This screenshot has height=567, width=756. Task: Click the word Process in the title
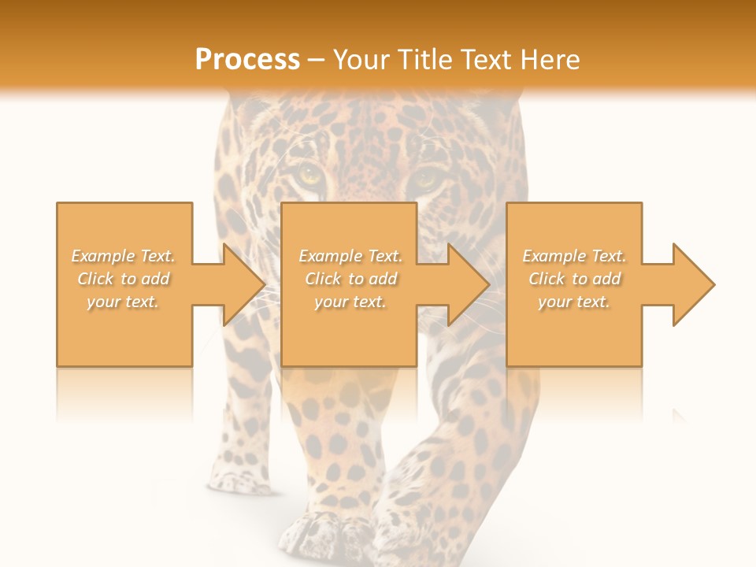pos(247,60)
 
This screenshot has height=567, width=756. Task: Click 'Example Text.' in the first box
pos(124,256)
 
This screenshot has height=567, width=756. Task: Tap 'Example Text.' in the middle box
pos(350,256)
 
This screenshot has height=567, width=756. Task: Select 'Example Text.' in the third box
pos(574,256)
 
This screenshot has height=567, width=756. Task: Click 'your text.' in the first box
pos(124,302)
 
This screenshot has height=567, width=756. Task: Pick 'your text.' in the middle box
pos(350,302)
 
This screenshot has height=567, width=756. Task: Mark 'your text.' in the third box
pos(574,302)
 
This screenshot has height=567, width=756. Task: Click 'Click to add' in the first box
pos(124,279)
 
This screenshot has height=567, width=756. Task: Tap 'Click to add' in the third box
pos(574,279)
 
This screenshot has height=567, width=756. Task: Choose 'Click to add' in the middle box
pos(350,279)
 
